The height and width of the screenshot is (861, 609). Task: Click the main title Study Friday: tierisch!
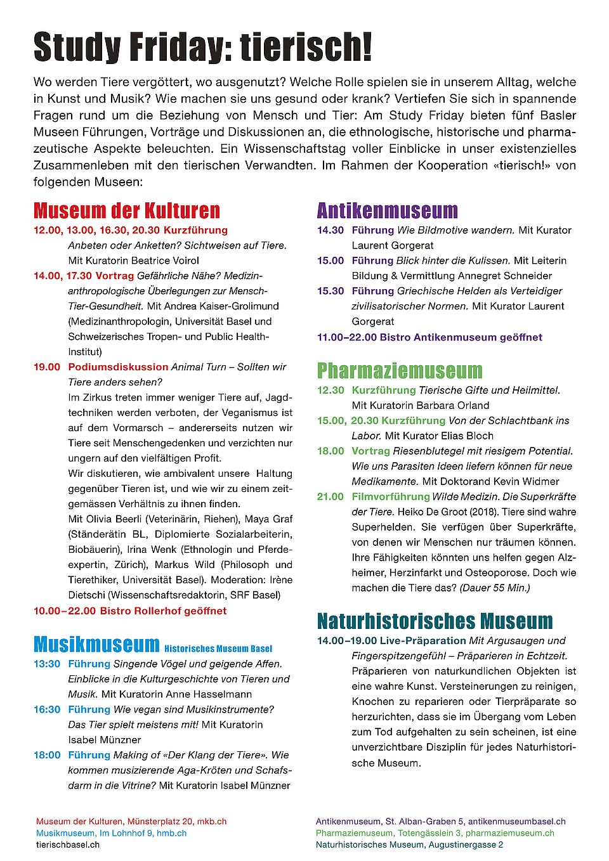[202, 48]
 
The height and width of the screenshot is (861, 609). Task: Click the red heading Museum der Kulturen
[127, 210]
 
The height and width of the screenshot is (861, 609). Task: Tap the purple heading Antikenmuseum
[387, 210]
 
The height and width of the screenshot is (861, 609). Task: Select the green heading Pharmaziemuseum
[400, 370]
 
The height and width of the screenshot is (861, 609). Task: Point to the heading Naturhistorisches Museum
[435, 621]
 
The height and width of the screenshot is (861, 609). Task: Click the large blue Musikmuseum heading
[96, 644]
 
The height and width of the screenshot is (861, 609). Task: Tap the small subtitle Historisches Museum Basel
[218, 649]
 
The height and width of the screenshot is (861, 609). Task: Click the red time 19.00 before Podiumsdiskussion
[47, 367]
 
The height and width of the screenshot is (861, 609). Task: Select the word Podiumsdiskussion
[118, 367]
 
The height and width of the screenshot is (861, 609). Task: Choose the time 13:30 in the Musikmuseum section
[47, 664]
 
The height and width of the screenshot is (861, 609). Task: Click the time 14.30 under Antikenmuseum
[331, 230]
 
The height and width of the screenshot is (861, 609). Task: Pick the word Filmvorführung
[391, 496]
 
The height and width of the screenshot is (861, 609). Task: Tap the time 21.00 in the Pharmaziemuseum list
[331, 496]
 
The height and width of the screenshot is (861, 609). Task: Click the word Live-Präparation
[423, 640]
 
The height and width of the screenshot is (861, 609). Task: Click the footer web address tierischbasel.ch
[68, 845]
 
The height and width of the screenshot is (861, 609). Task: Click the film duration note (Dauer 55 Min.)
[494, 588]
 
